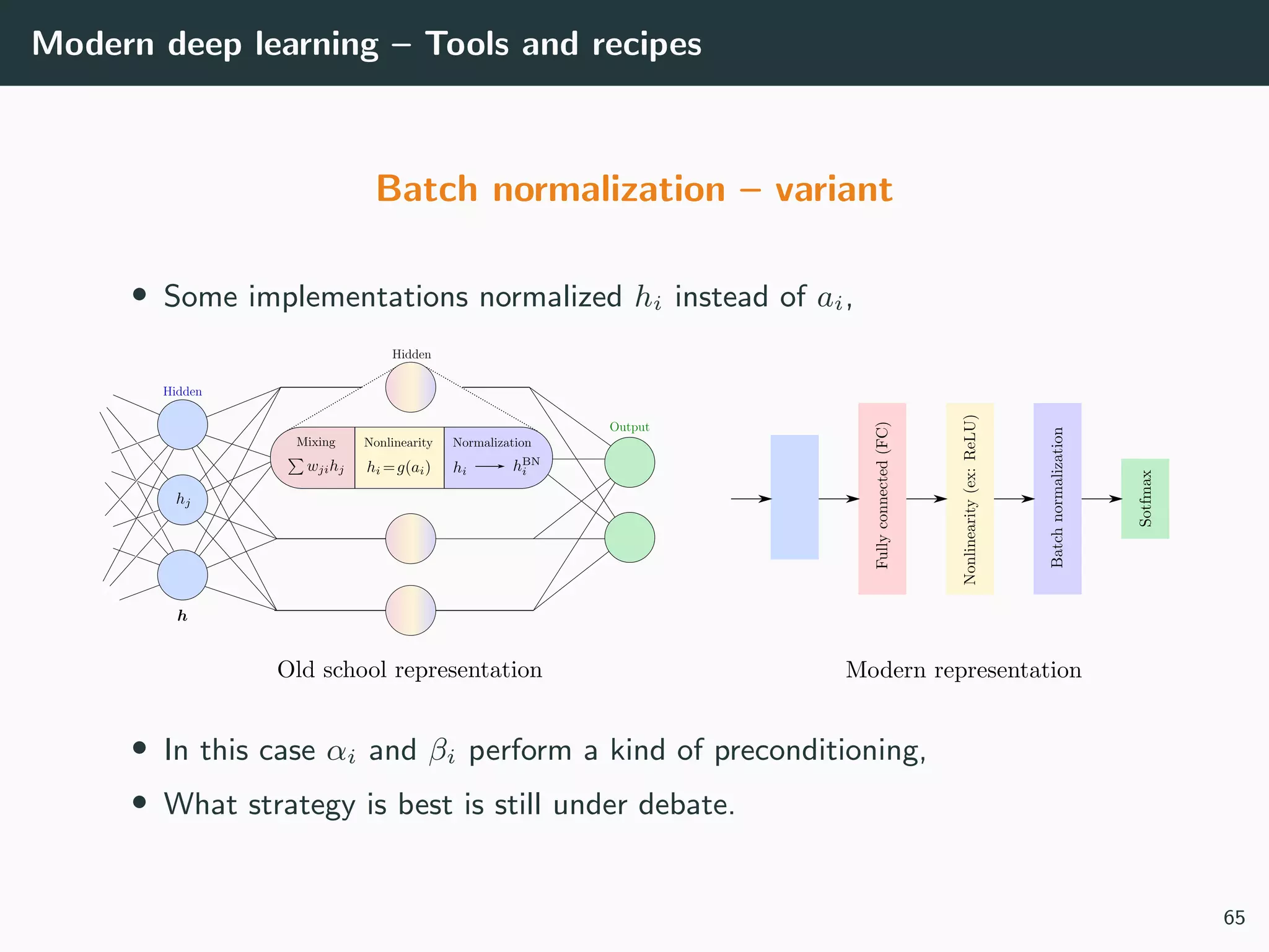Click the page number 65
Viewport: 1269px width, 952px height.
1234,917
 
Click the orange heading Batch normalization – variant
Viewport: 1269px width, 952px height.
634,189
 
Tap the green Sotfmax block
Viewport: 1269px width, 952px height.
1144,498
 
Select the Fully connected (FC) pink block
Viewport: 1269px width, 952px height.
882,498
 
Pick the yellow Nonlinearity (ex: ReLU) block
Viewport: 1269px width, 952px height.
969,498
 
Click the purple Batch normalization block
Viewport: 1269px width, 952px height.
1057,498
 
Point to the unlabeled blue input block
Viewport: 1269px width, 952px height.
794,497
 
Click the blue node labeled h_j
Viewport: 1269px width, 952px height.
182,500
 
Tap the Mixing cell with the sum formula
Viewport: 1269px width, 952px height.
315,457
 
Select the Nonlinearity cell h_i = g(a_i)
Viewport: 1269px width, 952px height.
399,457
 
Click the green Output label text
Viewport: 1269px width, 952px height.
629,427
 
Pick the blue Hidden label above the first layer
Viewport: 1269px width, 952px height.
182,392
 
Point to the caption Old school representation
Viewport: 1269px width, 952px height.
410,670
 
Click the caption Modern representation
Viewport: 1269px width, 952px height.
963,670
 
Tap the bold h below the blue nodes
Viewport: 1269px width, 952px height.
182,616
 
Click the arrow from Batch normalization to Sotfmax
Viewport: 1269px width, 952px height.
1101,498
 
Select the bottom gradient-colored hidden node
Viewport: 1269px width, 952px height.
410,610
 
